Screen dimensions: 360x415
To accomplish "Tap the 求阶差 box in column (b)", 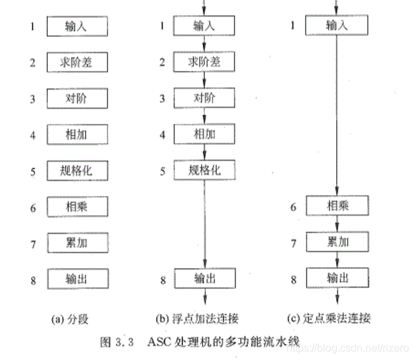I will [x=204, y=62].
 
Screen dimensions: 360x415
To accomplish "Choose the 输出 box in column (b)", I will [x=204, y=277].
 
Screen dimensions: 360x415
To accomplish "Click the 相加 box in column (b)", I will [x=204, y=134].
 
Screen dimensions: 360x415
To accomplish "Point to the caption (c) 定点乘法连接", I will [x=335, y=319].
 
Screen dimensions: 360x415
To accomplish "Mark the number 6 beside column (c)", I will [x=293, y=207].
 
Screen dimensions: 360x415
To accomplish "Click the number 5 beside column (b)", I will [x=162, y=170].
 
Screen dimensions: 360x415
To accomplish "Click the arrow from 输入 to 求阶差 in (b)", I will [x=204, y=44].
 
